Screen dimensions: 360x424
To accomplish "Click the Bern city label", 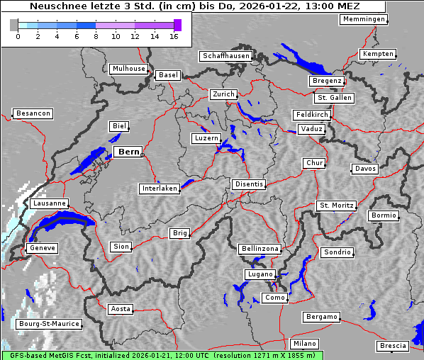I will (128, 152).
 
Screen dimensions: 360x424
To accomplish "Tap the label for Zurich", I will (223, 94).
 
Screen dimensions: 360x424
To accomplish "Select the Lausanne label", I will (49, 203).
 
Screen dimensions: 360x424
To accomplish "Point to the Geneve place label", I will (42, 248).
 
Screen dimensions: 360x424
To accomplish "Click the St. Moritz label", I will (336, 206).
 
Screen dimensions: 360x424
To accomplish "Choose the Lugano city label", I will (260, 274).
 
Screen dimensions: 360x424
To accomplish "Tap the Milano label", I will (305, 344).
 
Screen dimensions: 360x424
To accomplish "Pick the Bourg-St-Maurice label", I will (49, 324).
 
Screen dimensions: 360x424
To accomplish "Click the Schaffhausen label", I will (225, 56).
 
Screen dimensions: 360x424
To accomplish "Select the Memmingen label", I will (364, 19).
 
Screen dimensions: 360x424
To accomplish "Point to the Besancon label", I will (33, 113).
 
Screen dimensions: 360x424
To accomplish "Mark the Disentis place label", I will (248, 184).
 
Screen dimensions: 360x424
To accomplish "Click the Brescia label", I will (393, 346).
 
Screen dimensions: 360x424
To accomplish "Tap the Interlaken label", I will (159, 189).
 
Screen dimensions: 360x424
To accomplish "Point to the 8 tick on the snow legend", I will (96, 35).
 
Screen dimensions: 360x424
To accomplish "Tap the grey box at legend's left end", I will (14, 25).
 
